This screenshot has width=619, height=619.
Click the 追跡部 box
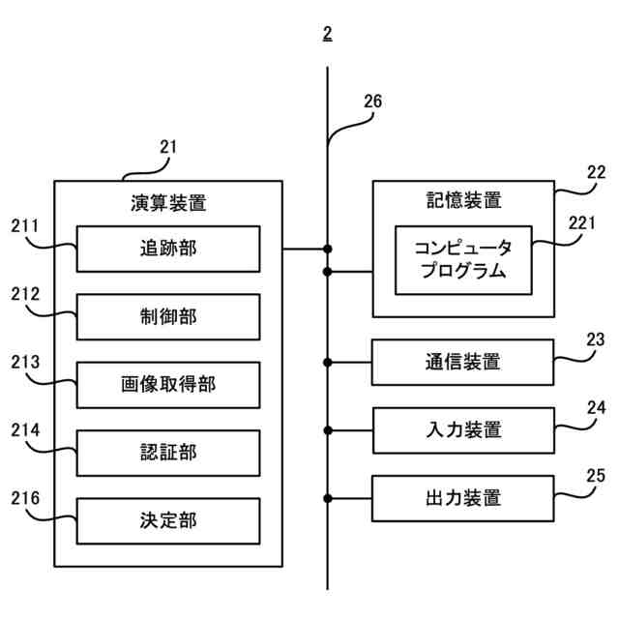pos(167,249)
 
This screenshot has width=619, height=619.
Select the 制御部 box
pos(167,316)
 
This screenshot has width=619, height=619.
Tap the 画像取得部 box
pos(167,385)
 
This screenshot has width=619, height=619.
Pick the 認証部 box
pos(167,453)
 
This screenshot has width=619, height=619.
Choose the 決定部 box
pos(167,521)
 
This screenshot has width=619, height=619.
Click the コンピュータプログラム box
pos(463,259)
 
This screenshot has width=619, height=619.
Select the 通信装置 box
pos(463,363)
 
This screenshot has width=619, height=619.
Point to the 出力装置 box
pos(463,499)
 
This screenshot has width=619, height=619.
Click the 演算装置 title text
pos(167,204)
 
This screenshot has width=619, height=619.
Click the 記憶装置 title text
pos(463,200)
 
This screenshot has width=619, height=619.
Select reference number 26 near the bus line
pos(372,101)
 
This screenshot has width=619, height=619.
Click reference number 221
pos(582,223)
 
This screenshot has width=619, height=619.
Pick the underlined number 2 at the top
pos(328,34)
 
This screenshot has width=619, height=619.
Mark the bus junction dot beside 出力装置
pos(328,499)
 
